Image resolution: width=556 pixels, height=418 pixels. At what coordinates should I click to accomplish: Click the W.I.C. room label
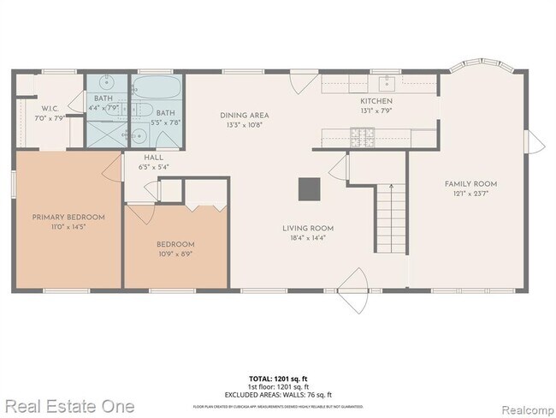(x=49, y=109)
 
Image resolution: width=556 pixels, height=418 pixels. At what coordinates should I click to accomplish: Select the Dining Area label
(x=245, y=115)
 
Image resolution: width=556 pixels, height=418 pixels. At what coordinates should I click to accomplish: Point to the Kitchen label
(x=376, y=100)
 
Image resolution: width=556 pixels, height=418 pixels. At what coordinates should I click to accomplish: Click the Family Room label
(x=470, y=183)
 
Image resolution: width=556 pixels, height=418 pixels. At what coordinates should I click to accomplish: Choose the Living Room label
(x=309, y=228)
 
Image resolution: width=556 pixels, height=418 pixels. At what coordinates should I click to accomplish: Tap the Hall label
(x=153, y=158)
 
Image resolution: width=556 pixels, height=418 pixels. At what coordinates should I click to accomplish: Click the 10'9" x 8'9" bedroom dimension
(x=174, y=254)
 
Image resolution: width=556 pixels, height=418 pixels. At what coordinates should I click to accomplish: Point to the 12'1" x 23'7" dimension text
(x=470, y=194)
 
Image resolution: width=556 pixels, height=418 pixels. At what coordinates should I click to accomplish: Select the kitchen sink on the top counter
(x=387, y=82)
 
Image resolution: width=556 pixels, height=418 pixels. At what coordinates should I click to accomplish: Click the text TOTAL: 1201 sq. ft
(x=277, y=378)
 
